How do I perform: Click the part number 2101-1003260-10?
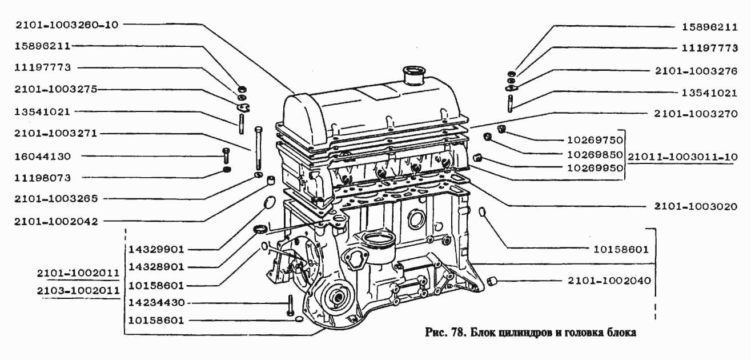[x=67, y=25]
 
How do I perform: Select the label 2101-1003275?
[x=55, y=89]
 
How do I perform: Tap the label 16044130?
[x=43, y=157]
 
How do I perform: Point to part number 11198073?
[x=43, y=178]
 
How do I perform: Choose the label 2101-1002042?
[x=56, y=222]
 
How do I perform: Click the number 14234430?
[x=156, y=303]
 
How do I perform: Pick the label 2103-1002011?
[x=78, y=290]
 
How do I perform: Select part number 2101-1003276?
[x=696, y=71]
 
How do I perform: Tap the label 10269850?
[x=595, y=155]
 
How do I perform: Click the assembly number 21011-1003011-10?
[x=682, y=157]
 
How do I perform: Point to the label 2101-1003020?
[x=696, y=206]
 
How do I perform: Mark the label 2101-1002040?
[x=609, y=281]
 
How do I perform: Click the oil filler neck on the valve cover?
[x=415, y=76]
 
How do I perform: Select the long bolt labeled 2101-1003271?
[x=259, y=148]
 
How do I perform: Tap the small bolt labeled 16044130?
[x=225, y=156]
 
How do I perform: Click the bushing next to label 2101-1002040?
[x=492, y=281]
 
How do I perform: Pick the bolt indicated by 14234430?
[x=290, y=305]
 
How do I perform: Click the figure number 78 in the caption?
[x=457, y=333]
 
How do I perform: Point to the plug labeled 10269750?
[x=501, y=129]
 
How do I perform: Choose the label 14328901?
[x=156, y=267]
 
